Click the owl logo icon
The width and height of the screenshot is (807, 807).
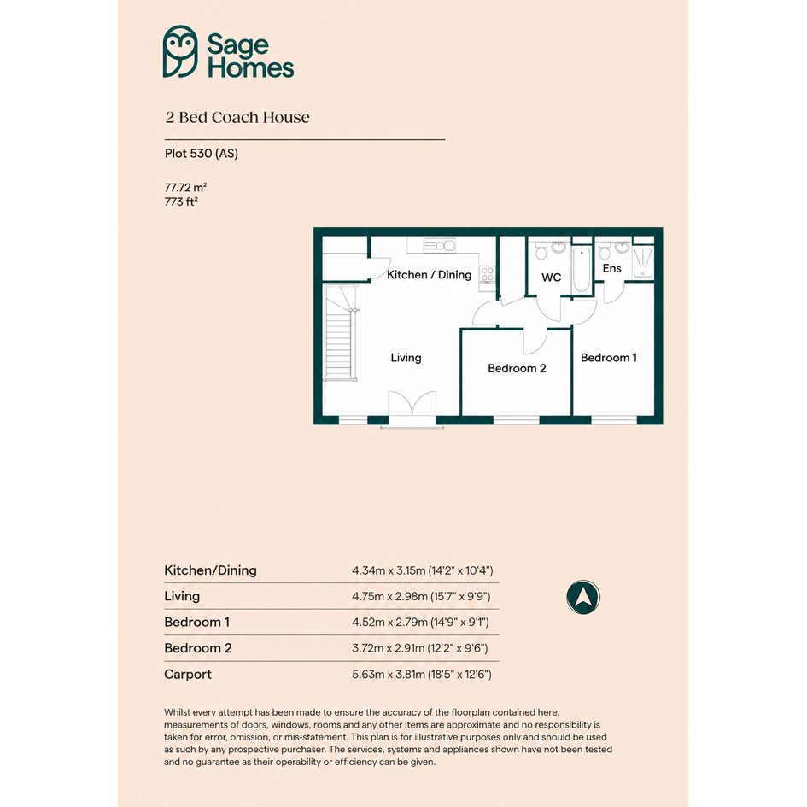[x=180, y=51]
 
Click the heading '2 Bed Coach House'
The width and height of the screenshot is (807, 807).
[x=237, y=117]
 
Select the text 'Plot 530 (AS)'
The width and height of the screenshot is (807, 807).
[x=202, y=154]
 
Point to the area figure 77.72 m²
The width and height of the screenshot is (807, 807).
[x=186, y=187]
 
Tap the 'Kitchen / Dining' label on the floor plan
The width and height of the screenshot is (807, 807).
[x=429, y=275]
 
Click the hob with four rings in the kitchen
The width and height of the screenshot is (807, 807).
[x=487, y=274]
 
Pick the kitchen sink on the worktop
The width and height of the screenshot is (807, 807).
[x=439, y=245]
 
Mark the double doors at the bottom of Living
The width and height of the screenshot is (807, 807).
[x=412, y=409]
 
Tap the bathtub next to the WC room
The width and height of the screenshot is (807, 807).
[x=582, y=270]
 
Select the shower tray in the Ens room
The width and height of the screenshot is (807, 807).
[x=643, y=262]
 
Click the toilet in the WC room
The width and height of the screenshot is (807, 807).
[x=541, y=250]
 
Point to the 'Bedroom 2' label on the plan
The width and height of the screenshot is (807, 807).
[x=517, y=369]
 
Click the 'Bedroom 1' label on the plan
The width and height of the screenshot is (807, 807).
[x=609, y=358]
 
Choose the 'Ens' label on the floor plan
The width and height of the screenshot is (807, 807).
[x=612, y=268]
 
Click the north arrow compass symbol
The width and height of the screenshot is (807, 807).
[x=583, y=597]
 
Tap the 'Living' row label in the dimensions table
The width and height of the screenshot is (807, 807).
[x=182, y=597]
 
